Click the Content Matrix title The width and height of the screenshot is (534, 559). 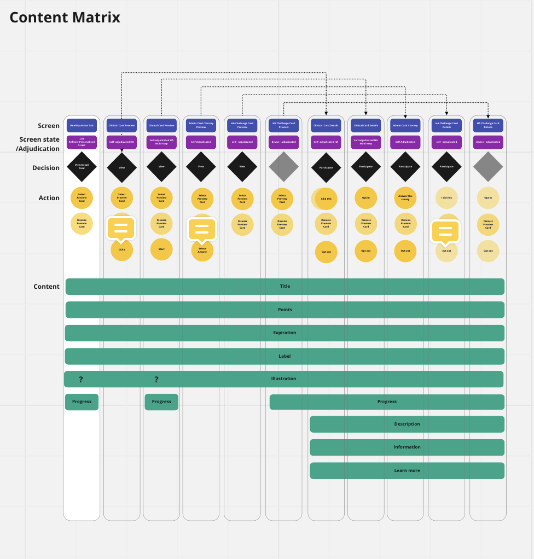point(65,18)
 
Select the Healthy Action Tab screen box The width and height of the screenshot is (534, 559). point(82,126)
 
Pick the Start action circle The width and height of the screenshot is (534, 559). point(161,249)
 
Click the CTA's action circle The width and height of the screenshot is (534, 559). point(121,250)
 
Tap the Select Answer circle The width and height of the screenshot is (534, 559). point(202,250)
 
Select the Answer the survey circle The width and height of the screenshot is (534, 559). point(405,198)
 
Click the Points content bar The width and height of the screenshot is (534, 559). point(285,310)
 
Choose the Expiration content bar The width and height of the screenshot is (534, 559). point(285,333)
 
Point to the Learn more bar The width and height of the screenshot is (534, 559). point(407,470)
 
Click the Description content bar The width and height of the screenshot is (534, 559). point(407,424)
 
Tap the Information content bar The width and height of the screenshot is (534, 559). point(407,447)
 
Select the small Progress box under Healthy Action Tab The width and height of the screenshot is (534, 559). point(82,401)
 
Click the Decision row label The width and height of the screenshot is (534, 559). point(46,168)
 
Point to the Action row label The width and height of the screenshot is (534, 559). point(49,198)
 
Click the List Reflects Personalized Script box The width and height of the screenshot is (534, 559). point(82,142)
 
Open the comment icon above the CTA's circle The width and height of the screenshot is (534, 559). point(121,228)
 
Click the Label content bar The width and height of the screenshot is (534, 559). point(285,356)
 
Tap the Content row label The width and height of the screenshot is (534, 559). point(47,287)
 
